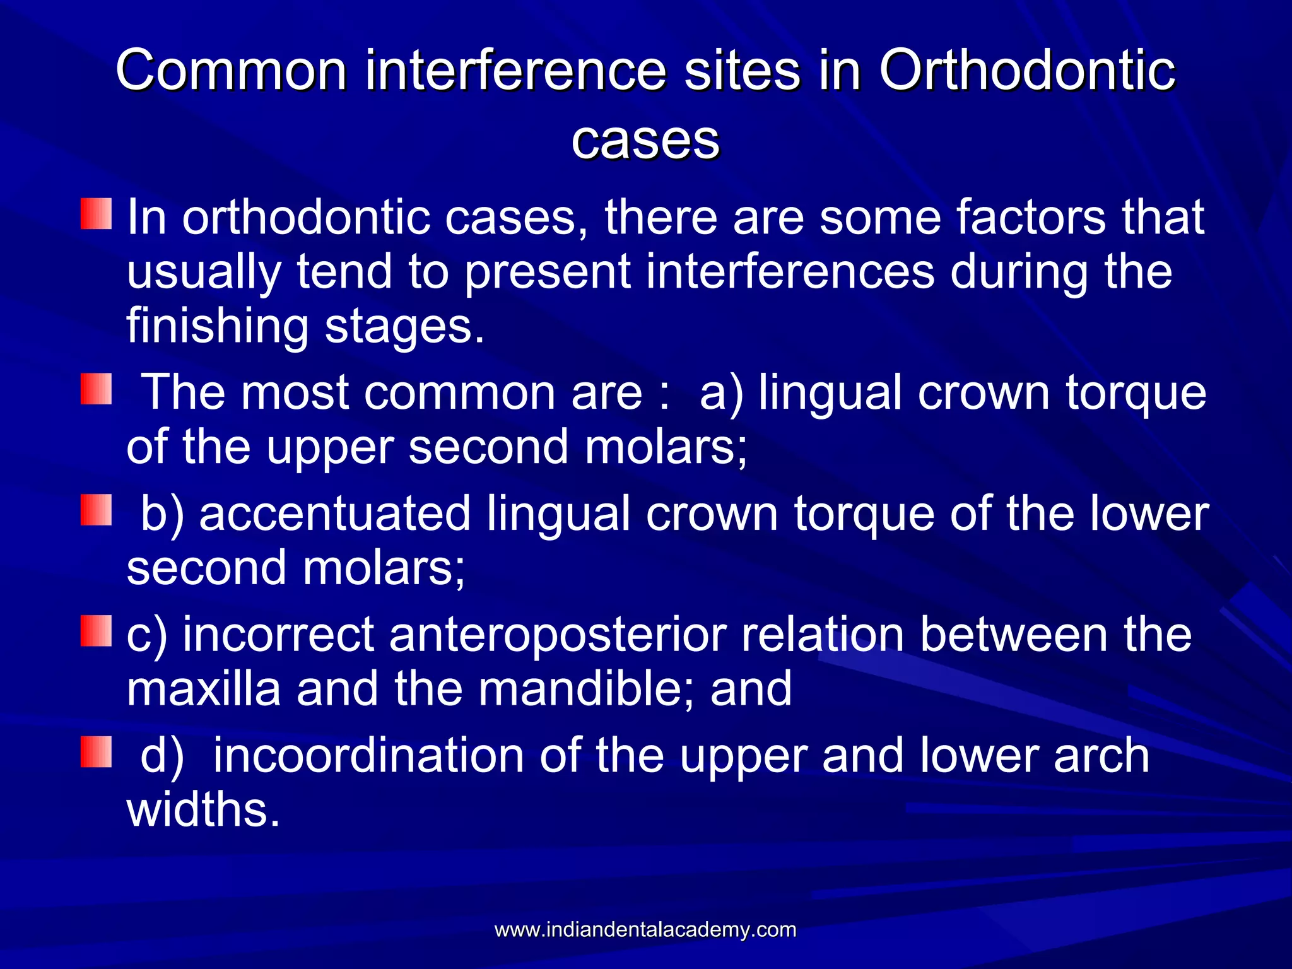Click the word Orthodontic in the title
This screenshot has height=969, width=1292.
click(x=1026, y=71)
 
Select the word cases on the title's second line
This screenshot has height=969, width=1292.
click(x=645, y=140)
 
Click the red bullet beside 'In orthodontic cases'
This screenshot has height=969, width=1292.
click(x=96, y=214)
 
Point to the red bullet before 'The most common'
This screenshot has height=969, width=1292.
click(x=96, y=389)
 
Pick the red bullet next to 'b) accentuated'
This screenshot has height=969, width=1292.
click(x=96, y=510)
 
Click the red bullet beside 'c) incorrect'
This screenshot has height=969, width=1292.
click(x=96, y=631)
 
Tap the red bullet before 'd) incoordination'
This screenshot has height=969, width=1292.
click(x=96, y=751)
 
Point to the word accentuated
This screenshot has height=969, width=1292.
click(x=334, y=514)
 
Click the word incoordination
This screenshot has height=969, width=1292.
click(x=368, y=756)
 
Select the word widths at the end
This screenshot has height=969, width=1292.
click(x=202, y=810)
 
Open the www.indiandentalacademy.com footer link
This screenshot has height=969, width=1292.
click(x=645, y=929)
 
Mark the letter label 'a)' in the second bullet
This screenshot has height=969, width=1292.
click(x=722, y=393)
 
